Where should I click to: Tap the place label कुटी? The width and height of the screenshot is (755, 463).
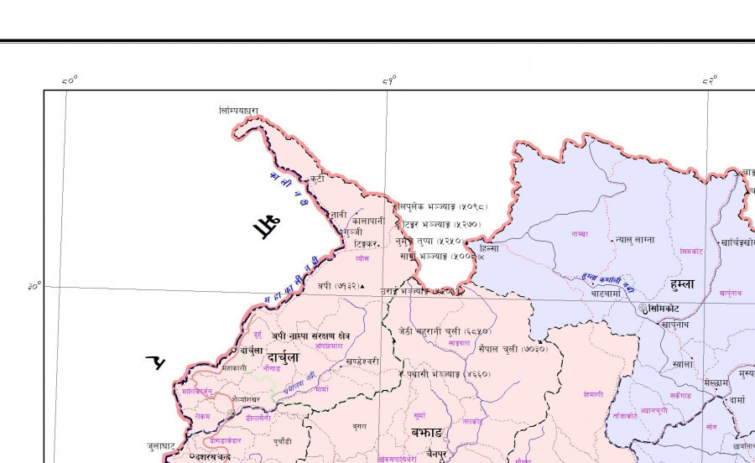click(316, 179)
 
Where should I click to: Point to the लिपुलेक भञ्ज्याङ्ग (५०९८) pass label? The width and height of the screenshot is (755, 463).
click(441, 206)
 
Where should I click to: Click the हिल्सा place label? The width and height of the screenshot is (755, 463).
click(488, 249)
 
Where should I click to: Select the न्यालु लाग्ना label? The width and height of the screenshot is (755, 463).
click(634, 239)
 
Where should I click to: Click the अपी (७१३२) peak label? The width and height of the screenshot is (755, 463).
click(340, 286)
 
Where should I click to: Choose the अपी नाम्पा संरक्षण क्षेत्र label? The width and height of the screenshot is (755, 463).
click(310, 336)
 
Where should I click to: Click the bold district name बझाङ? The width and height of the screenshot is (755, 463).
click(426, 432)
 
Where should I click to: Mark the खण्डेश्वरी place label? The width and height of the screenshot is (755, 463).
click(362, 361)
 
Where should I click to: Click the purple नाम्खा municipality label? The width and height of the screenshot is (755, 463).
click(579, 233)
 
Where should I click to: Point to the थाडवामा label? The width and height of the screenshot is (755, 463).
click(605, 294)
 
